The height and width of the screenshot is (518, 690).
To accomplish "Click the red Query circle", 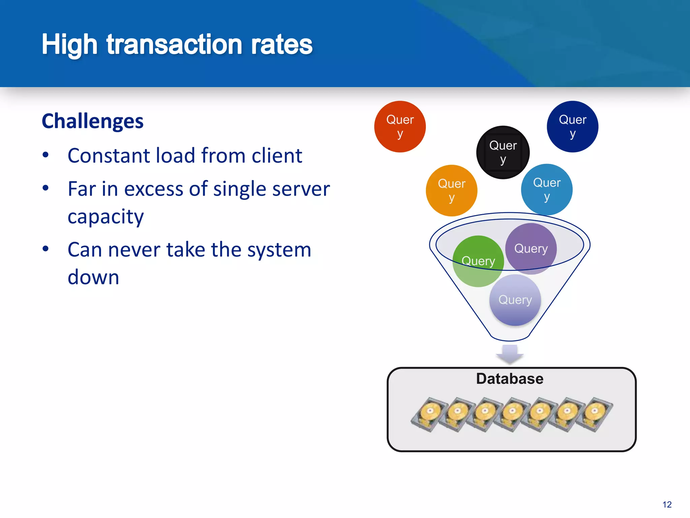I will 400,126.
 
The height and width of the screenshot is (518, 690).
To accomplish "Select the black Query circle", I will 503,152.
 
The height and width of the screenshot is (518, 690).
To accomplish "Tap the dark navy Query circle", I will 572,126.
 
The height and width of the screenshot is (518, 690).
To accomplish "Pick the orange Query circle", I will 451,191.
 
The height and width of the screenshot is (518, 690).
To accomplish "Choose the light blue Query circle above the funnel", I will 546,190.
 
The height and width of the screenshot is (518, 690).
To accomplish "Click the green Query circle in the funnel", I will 478,261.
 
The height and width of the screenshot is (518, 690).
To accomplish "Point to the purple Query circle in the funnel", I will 531,249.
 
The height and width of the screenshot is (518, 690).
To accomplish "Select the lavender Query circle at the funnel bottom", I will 515,300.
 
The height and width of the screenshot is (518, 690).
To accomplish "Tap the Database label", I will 510,379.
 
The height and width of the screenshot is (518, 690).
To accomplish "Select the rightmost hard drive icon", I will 594,414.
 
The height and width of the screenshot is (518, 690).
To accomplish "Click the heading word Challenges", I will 93,121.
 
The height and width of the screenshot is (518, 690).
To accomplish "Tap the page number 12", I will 667,505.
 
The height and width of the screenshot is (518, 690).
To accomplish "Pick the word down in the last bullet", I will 93,277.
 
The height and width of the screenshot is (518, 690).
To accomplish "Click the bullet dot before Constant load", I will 46,155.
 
